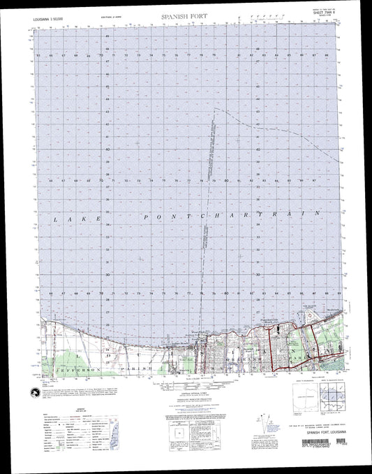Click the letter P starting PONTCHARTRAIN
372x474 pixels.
[146, 218]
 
